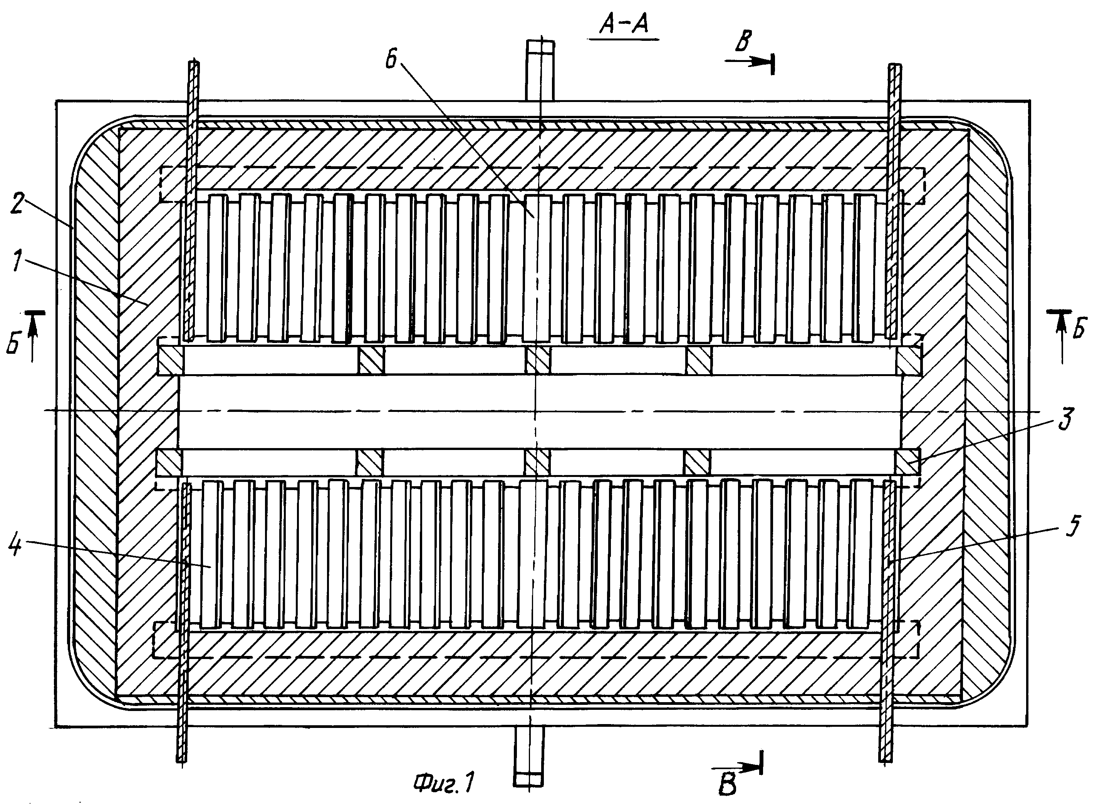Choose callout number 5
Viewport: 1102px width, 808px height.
pos(1071,526)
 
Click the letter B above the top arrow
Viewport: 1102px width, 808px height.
pos(743,42)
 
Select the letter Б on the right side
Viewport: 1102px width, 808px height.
pos(1077,330)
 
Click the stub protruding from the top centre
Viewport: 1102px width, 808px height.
pos(541,70)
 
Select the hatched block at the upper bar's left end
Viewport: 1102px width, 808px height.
pos(170,360)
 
